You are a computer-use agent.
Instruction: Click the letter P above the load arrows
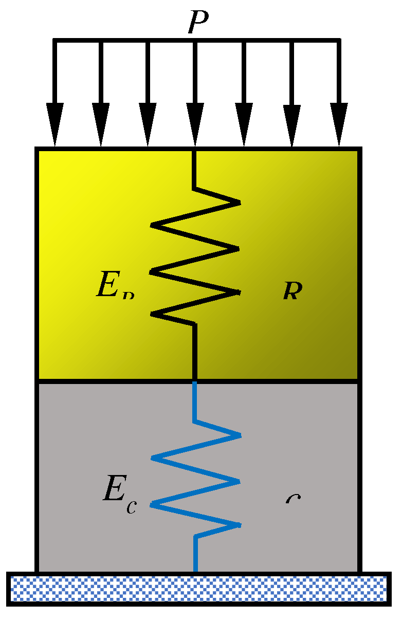[x=198, y=22]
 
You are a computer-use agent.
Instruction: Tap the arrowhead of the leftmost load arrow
[x=54, y=124]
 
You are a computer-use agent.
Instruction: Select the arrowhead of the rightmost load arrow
[x=339, y=124]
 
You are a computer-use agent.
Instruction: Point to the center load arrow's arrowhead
[x=195, y=124]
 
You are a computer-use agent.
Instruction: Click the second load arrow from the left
[x=101, y=93]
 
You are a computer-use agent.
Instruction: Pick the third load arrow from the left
[x=148, y=93]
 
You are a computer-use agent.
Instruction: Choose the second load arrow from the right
[x=292, y=93]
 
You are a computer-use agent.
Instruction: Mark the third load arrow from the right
[x=244, y=93]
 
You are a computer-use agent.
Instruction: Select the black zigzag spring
[x=195, y=257]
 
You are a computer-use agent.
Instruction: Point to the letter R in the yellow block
[x=291, y=291]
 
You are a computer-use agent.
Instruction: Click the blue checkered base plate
[x=198, y=588]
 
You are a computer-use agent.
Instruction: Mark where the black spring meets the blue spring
[x=195, y=381]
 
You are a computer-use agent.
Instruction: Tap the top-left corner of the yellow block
[x=37, y=150]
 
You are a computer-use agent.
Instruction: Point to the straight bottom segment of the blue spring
[x=195, y=554]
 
